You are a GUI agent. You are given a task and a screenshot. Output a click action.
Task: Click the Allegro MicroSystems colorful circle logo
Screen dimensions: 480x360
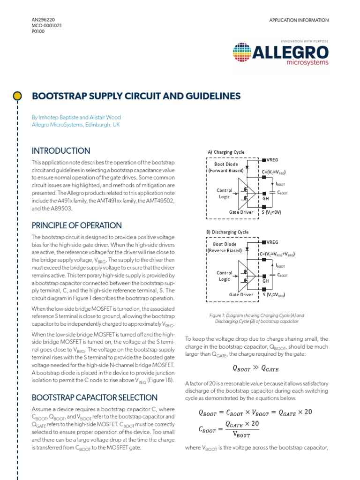click(242, 52)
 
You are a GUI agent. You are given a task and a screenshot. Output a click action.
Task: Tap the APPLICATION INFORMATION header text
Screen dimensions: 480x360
click(299, 20)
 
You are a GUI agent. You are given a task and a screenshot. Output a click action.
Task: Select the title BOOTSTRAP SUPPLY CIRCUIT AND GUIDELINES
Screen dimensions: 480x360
click(136, 96)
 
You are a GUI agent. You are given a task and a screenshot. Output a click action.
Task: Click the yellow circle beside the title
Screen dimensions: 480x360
click(17, 96)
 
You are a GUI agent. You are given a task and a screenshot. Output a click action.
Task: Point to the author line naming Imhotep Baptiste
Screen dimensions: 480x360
click(76, 117)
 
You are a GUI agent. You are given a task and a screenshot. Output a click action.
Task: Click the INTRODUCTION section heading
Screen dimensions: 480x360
click(60, 151)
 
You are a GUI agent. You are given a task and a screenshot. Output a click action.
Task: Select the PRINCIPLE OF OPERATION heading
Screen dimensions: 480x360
click(76, 225)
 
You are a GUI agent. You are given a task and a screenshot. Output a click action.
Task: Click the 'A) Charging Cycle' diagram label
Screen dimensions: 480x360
click(226, 152)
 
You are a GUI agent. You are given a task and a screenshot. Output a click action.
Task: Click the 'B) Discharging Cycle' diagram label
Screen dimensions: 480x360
click(228, 232)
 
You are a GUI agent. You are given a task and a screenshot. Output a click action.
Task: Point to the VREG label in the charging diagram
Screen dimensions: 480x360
click(272, 160)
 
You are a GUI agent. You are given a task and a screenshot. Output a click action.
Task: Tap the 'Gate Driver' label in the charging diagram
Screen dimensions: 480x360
click(241, 212)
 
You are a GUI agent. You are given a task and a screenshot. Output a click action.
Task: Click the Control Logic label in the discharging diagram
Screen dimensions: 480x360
click(224, 276)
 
